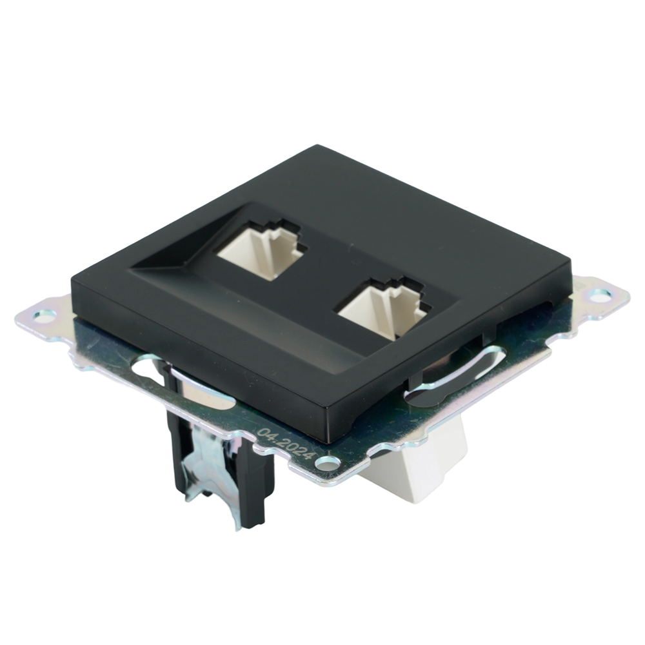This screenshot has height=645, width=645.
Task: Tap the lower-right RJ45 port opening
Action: pyautogui.click(x=384, y=309)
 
